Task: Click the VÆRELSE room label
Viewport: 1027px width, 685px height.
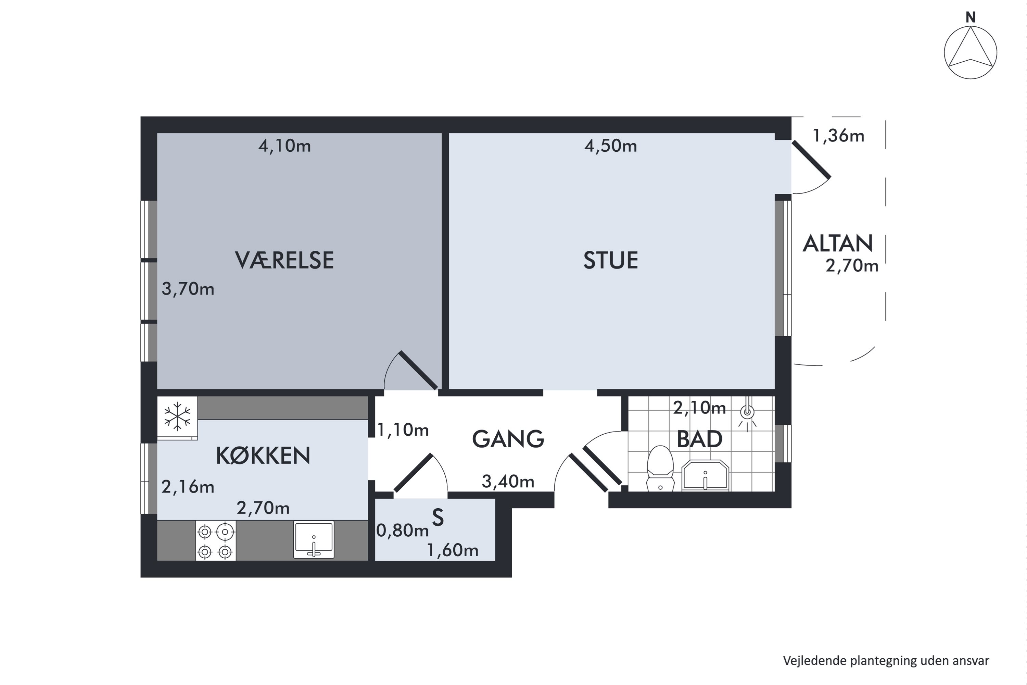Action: tap(284, 260)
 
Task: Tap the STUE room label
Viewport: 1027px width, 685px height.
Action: tap(610, 260)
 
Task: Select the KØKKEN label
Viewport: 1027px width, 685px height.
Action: tap(263, 456)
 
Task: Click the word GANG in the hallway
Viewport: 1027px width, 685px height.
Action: tap(508, 439)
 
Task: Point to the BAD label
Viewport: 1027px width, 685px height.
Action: tap(699, 439)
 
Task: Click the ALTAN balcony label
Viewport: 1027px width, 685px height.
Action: tap(837, 243)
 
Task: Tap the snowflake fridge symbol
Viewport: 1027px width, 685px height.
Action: tap(177, 416)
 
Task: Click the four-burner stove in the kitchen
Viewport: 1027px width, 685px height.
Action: tap(215, 540)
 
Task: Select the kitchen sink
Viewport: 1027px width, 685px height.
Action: tap(314, 539)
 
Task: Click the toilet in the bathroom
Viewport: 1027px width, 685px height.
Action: tap(660, 468)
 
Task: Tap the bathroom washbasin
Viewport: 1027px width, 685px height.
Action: tap(705, 475)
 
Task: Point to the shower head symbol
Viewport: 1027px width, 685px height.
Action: tap(748, 412)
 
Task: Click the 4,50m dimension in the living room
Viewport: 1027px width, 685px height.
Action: tap(610, 146)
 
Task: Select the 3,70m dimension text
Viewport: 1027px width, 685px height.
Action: tap(188, 289)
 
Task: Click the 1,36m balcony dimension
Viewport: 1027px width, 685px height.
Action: tap(838, 136)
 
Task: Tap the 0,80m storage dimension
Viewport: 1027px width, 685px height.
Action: tap(402, 530)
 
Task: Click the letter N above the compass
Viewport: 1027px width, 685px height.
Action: tap(970, 17)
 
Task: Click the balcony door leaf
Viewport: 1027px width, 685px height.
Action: tap(811, 160)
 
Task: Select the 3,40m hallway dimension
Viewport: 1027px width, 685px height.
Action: tap(508, 482)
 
